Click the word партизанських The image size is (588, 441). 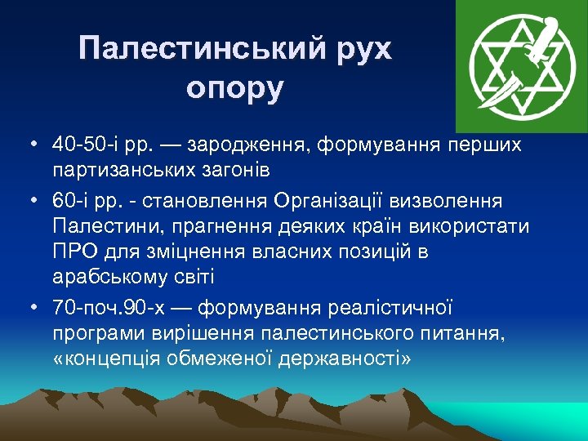pyautogui.click(x=117, y=171)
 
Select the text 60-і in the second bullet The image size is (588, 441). pyautogui.click(x=69, y=200)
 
